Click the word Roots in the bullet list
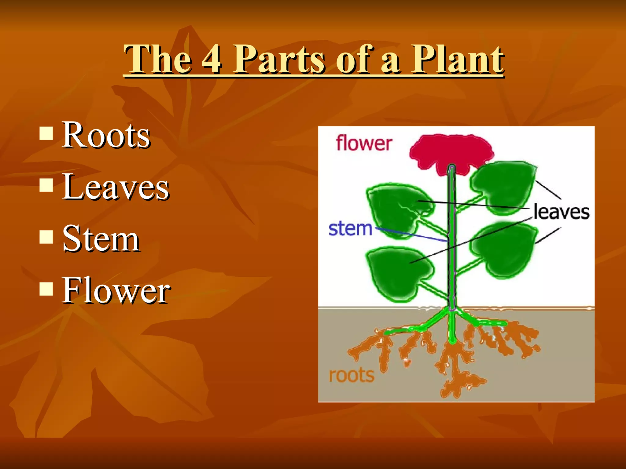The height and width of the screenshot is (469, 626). coord(106,135)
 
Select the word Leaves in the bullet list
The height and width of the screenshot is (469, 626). coord(116,187)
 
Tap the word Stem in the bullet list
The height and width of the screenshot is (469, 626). coord(101,238)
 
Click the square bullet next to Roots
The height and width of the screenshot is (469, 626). coord(46,133)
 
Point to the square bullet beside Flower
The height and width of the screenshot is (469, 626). coord(46,289)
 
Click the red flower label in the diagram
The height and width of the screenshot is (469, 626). coord(364,144)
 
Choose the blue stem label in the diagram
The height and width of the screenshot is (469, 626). coord(350,229)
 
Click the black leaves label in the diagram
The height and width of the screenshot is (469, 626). coord(561,212)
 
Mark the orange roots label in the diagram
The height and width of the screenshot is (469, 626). coord(352,375)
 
